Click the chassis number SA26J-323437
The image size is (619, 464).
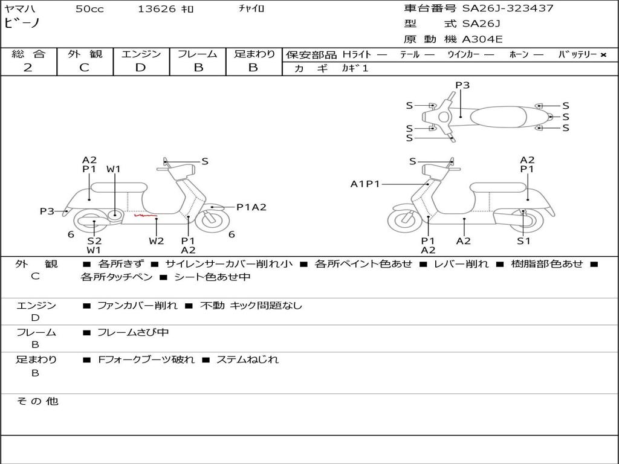[508, 8]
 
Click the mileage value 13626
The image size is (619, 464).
[157, 9]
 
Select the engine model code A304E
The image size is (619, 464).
[482, 40]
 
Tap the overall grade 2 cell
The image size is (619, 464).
[28, 68]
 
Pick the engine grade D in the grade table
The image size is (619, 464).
[140, 68]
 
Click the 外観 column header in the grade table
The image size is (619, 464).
[85, 54]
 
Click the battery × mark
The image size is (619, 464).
[603, 55]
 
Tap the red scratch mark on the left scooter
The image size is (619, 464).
[145, 214]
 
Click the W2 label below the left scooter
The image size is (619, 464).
[157, 241]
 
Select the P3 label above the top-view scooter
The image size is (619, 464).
[462, 85]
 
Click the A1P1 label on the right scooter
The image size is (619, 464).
[365, 184]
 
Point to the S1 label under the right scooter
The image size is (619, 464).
[523, 241]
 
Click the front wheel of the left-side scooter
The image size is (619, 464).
[212, 221]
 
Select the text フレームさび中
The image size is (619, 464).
[133, 332]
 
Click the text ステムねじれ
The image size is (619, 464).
[247, 359]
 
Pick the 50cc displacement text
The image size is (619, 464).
[89, 9]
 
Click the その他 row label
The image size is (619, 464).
[37, 401]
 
